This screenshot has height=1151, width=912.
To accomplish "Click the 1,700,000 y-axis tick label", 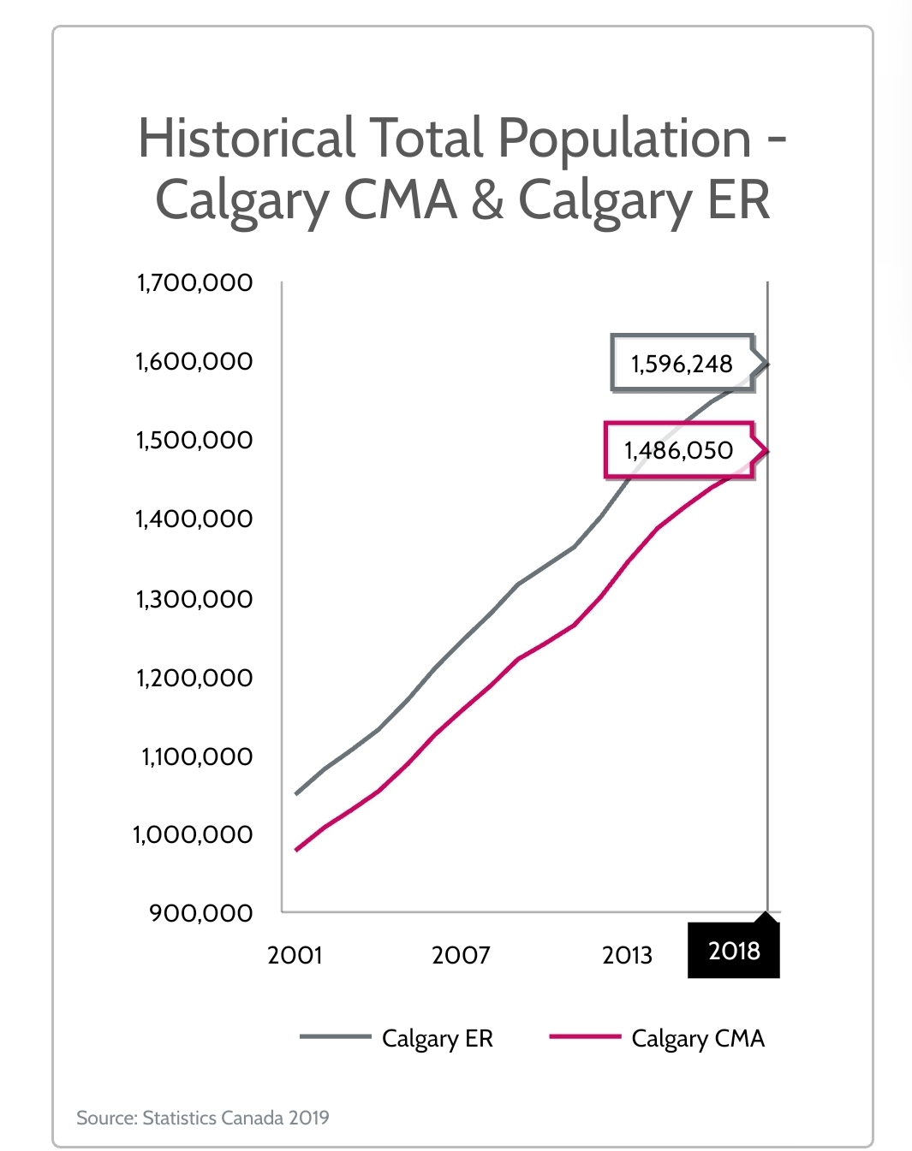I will tap(194, 282).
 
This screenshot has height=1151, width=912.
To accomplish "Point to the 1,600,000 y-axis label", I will tap(194, 361).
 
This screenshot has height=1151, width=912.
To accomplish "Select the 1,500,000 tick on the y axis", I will tap(194, 440).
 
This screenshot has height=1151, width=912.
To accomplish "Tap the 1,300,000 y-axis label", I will tap(194, 599).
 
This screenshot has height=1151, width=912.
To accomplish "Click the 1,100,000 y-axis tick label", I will tap(197, 756).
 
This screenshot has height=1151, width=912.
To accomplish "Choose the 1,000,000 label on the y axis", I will tap(193, 834).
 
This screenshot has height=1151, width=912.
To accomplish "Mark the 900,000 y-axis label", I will tap(201, 913).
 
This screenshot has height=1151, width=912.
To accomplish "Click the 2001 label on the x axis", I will tap(295, 955).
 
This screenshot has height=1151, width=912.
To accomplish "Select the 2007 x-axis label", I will tap(461, 955).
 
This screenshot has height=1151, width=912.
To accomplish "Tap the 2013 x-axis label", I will tap(627, 955).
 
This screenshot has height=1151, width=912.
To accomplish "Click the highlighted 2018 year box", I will tap(734, 951).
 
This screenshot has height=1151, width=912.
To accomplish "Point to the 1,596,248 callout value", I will tap(682, 365).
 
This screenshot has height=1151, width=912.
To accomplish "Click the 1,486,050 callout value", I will tap(678, 450).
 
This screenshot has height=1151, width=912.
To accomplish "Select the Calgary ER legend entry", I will tap(437, 1038).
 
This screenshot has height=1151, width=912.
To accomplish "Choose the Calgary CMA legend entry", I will tap(697, 1038).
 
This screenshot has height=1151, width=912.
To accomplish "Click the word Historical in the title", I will tap(247, 139).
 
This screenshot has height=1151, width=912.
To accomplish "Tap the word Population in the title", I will tap(624, 139).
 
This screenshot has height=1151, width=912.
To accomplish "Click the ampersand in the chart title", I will tap(487, 200).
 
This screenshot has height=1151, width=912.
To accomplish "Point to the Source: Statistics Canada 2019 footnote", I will tap(203, 1117).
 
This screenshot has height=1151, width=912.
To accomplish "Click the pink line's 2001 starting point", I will tap(296, 849).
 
